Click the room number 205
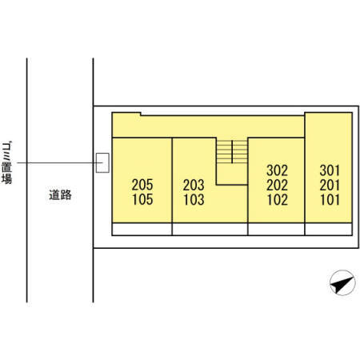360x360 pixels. point(142,185)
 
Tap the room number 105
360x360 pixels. point(142,199)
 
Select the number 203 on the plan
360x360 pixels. point(194,185)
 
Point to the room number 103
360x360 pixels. point(194,199)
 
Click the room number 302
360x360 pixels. point(278,170)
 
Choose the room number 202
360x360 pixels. point(278,185)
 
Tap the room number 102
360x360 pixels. point(278,199)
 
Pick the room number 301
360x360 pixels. point(330,170)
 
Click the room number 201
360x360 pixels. point(330,185)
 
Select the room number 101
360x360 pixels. point(330,199)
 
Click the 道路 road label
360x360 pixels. point(60,195)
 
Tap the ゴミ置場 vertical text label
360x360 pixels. point(7,162)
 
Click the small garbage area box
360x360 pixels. point(102,162)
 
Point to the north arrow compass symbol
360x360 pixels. point(342,282)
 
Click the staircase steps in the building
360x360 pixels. point(232,150)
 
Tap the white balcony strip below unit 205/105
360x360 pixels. point(142,229)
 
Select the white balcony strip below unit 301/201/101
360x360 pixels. point(329,229)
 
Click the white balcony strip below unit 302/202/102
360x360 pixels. point(276,229)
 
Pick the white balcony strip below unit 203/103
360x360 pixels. point(210,229)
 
